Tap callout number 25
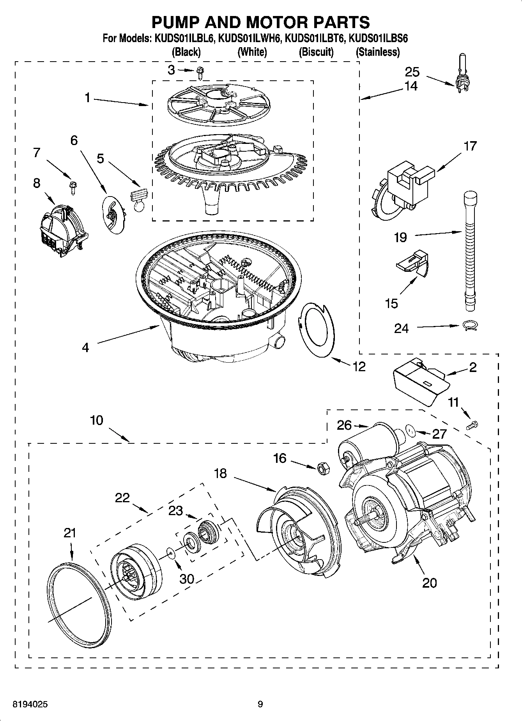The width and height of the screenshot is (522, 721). pos(412,72)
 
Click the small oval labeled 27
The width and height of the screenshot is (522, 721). pos(410,430)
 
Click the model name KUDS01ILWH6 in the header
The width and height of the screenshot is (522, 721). pos(249,39)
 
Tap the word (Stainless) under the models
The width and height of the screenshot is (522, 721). pos(377,52)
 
